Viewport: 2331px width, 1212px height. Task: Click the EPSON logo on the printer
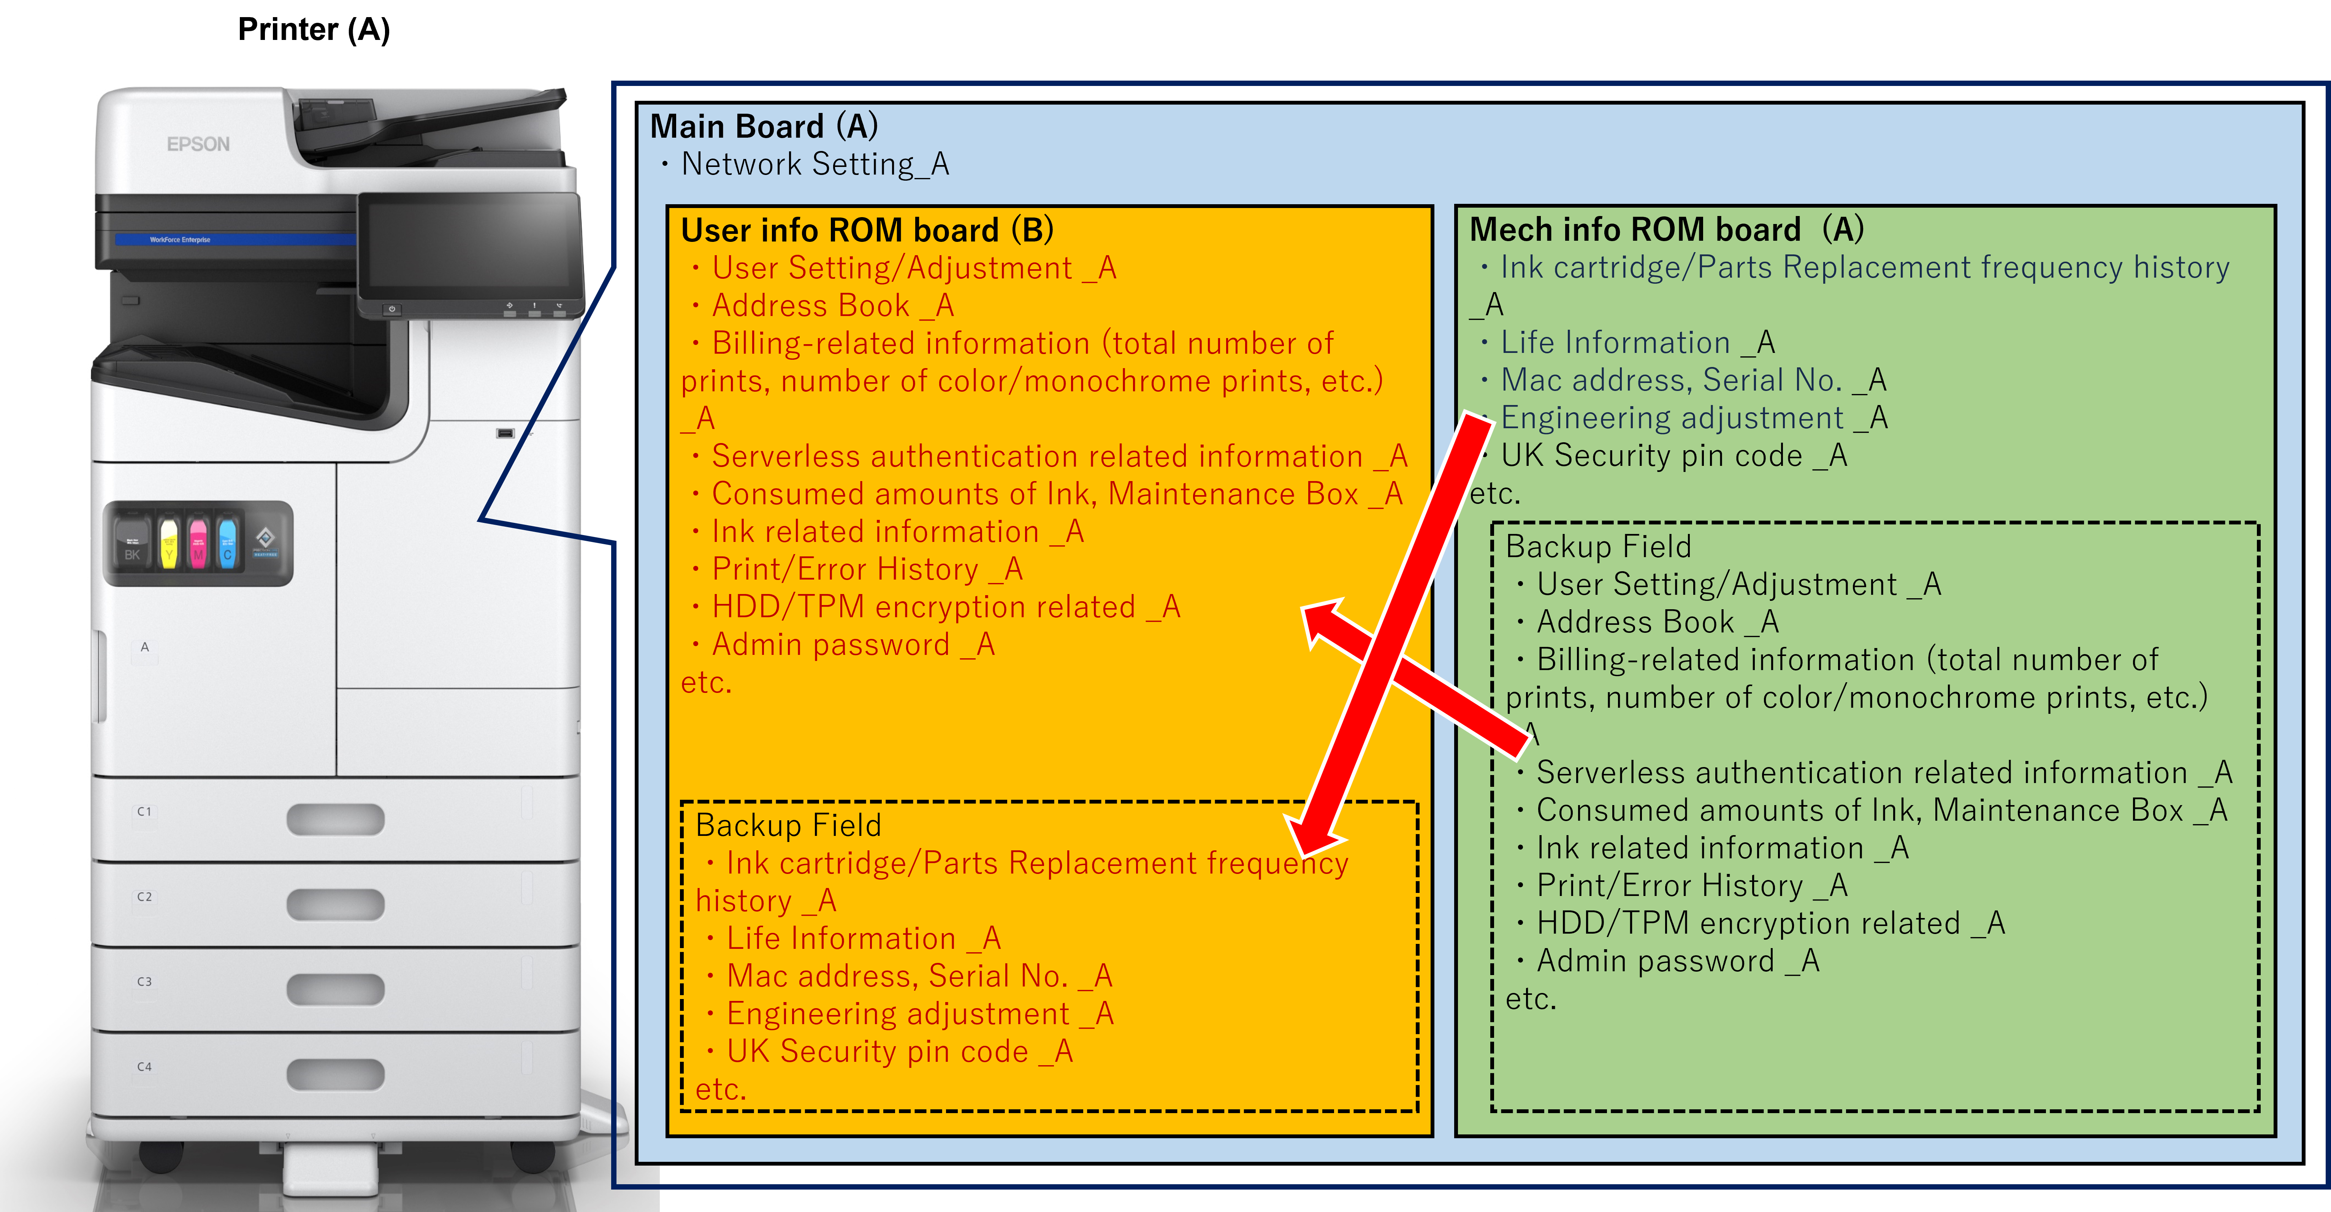click(198, 144)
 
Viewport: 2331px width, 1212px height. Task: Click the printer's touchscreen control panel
click(471, 245)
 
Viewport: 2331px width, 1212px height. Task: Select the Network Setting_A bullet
click(815, 164)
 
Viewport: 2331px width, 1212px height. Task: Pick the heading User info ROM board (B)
click(867, 230)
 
